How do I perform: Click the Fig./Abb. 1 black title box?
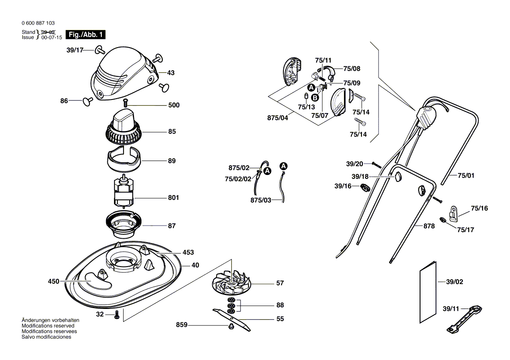click(x=86, y=34)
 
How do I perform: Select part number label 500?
click(x=174, y=105)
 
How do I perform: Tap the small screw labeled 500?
click(x=126, y=103)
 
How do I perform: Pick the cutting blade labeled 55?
click(x=231, y=320)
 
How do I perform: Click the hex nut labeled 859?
click(x=231, y=326)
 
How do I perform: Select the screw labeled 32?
click(x=117, y=315)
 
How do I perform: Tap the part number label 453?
click(x=188, y=253)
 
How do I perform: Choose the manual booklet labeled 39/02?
click(x=428, y=292)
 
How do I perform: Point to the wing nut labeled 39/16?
click(x=365, y=188)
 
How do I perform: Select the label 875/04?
click(x=277, y=118)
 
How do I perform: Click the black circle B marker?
click(x=314, y=97)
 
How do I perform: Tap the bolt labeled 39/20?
click(x=376, y=165)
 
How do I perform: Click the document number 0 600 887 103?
click(x=38, y=23)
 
